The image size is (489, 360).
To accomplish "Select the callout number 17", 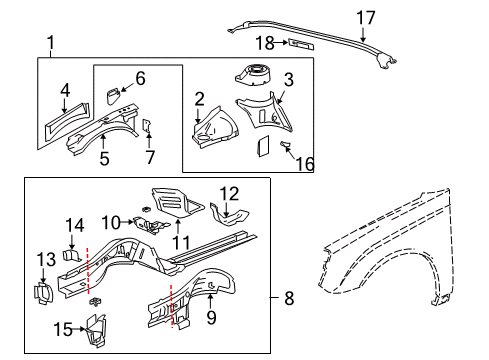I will pyautogui.click(x=366, y=16).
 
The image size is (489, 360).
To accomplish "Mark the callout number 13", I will pyautogui.click(x=46, y=261).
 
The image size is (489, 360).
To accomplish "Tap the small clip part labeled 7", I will pyautogui.click(x=145, y=127).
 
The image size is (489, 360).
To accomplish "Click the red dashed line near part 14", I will pyautogui.click(x=88, y=265).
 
